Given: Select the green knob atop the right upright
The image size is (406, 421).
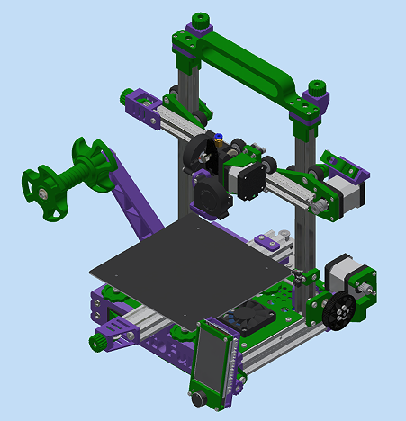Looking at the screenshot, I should (x=317, y=88).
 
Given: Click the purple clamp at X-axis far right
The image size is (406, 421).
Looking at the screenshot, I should (x=344, y=164).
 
